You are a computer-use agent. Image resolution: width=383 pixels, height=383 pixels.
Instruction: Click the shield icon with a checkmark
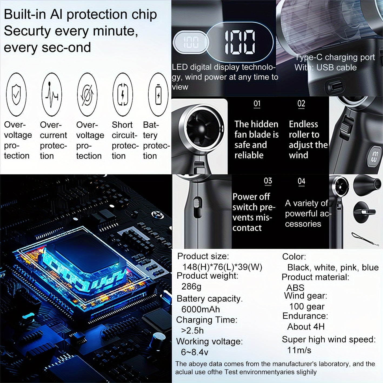pyautogui.click(x=16, y=94)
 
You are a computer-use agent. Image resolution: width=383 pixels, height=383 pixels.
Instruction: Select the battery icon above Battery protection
pyautogui.click(x=158, y=94)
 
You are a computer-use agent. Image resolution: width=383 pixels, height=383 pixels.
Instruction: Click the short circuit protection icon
pyautogui.click(x=123, y=94)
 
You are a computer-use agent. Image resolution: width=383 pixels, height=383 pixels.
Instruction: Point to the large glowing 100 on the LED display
pyautogui.click(x=240, y=42)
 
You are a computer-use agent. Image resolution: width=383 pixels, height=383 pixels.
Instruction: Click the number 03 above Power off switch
pyautogui.click(x=268, y=181)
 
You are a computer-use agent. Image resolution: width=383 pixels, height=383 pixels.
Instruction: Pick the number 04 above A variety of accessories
pyautogui.click(x=301, y=181)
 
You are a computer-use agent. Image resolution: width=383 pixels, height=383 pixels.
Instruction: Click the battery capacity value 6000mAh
pyautogui.click(x=201, y=309)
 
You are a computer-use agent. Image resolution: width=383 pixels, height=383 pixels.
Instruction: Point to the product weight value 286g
pyautogui.click(x=191, y=287)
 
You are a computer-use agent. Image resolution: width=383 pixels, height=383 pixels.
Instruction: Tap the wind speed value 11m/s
pyautogui.click(x=299, y=350)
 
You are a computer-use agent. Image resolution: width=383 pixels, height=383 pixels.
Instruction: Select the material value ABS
pyautogui.click(x=295, y=288)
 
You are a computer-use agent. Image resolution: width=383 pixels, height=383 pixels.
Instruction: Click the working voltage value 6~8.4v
pyautogui.click(x=195, y=352)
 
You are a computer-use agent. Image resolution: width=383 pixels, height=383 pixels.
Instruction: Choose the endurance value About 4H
pyautogui.click(x=306, y=327)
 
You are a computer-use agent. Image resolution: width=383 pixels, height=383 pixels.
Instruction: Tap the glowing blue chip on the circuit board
pyautogui.click(x=84, y=264)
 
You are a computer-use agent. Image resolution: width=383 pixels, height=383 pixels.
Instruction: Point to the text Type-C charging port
pyautogui.click(x=335, y=57)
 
